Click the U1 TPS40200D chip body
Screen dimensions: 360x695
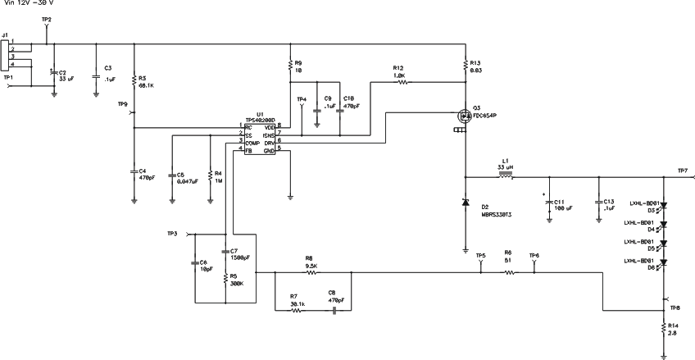pyautogui.click(x=258, y=139)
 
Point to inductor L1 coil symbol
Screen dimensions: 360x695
pyautogui.click(x=506, y=175)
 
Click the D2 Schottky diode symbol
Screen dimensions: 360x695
pyautogui.click(x=466, y=203)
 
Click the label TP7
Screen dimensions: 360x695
pyautogui.click(x=683, y=170)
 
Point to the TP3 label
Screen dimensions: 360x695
pyautogui.click(x=171, y=234)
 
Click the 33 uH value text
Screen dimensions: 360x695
pyautogui.click(x=506, y=167)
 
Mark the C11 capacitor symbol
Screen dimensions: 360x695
pyautogui.click(x=549, y=203)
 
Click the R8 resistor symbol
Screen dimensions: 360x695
pyautogui.click(x=311, y=272)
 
